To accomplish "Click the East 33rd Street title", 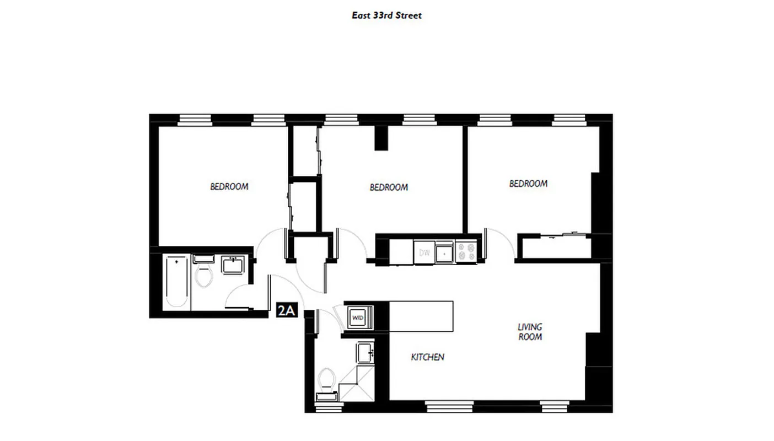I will [386, 15].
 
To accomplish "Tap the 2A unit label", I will [286, 311].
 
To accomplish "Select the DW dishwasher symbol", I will [424, 253].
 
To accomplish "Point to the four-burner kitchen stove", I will [466, 252].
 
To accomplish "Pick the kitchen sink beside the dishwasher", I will [444, 253].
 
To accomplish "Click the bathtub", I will [176, 281].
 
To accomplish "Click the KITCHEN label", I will [427, 357].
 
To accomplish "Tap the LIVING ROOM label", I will [530, 332].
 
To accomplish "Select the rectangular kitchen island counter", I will [421, 316].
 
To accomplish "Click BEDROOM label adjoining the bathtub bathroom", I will [229, 186].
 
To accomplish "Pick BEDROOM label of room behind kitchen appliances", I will [389, 187].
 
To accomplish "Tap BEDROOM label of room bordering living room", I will [528, 184].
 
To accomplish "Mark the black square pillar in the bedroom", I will [381, 138].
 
